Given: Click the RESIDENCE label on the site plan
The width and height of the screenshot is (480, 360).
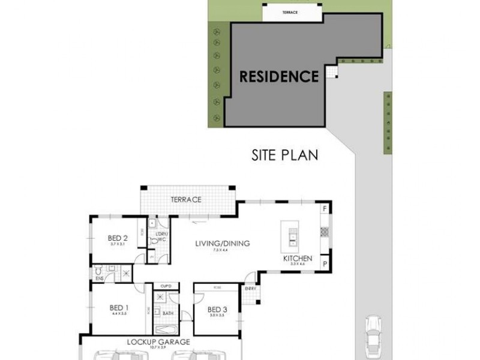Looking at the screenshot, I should pyautogui.click(x=279, y=77).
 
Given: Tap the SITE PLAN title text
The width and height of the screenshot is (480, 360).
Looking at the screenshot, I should pyautogui.click(x=284, y=155).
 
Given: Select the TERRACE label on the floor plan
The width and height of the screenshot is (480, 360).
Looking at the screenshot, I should pyautogui.click(x=185, y=200).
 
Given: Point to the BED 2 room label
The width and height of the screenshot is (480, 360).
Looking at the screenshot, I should pyautogui.click(x=118, y=238).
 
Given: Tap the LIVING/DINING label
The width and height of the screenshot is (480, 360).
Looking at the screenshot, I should pyautogui.click(x=222, y=244).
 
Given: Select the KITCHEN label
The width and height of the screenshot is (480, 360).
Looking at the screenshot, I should pyautogui.click(x=298, y=259).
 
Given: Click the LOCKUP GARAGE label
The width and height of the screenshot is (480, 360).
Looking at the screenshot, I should pyautogui.click(x=158, y=342).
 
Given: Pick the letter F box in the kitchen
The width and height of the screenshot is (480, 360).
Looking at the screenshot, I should pyautogui.click(x=325, y=209).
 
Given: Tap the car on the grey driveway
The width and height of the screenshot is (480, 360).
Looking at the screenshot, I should pyautogui.click(x=373, y=335).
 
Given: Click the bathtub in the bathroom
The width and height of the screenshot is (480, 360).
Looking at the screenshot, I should pyautogui.click(x=165, y=329).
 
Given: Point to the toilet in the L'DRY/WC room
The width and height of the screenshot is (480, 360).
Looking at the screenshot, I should pyautogui.click(x=154, y=239).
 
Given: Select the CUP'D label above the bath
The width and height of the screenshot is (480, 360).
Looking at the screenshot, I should pyautogui.click(x=166, y=286).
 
